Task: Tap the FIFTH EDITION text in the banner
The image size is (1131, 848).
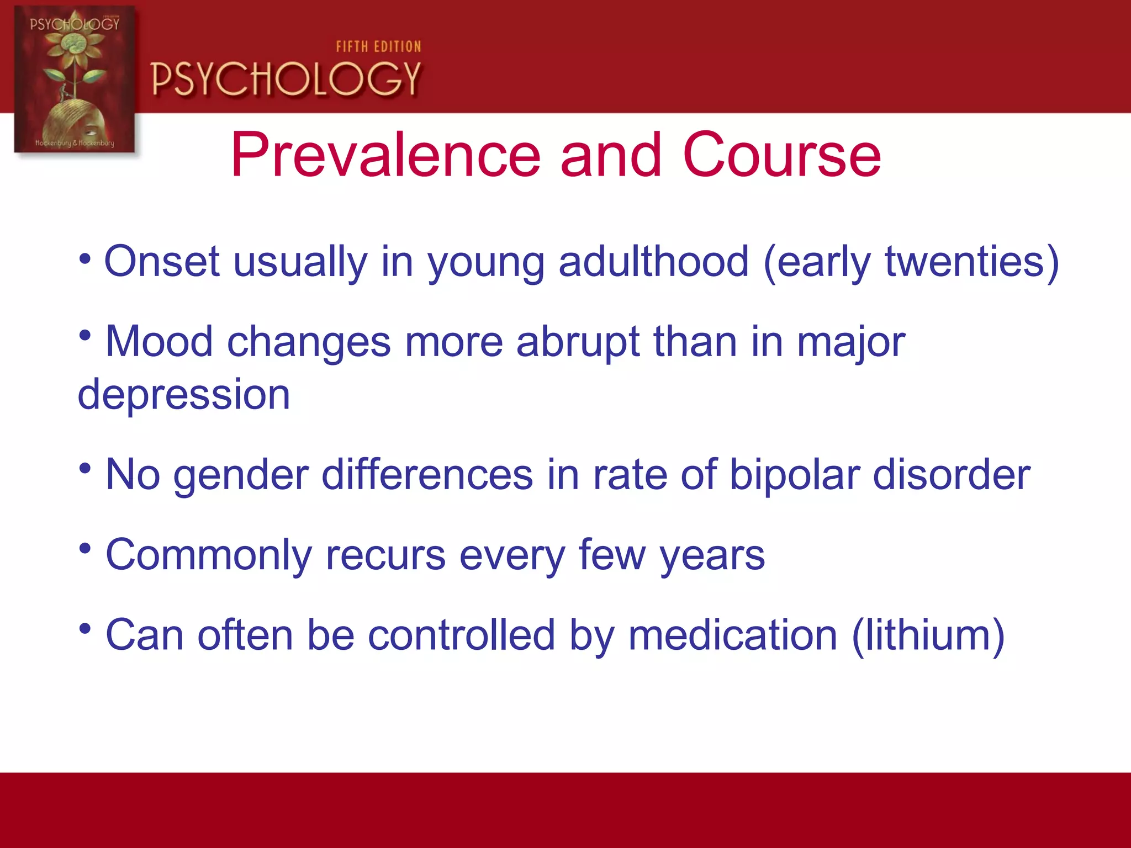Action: [378, 47]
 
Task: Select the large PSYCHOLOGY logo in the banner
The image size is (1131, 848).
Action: [286, 79]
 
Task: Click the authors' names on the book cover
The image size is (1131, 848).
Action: [75, 143]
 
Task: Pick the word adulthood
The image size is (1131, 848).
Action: [653, 261]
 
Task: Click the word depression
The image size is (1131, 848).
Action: [184, 395]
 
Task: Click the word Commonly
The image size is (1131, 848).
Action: [209, 555]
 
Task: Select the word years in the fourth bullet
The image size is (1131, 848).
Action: [712, 555]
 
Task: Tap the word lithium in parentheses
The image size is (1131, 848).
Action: [928, 635]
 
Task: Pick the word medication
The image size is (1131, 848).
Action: [733, 635]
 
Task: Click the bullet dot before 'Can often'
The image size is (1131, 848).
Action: [84, 628]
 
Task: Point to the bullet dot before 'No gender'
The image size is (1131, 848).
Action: [84, 468]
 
